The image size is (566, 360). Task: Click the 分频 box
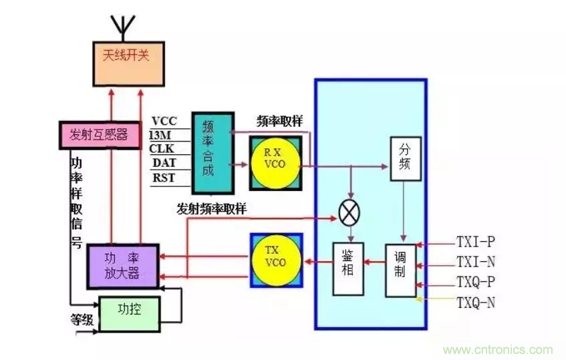[406, 158]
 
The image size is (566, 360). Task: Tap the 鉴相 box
[347, 268]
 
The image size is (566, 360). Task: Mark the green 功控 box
[130, 311]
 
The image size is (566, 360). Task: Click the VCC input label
[164, 121]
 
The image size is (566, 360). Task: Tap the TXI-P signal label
[476, 242]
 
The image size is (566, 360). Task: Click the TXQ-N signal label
[476, 303]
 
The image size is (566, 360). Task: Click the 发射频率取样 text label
[212, 208]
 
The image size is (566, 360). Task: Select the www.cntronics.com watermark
[499, 349]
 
